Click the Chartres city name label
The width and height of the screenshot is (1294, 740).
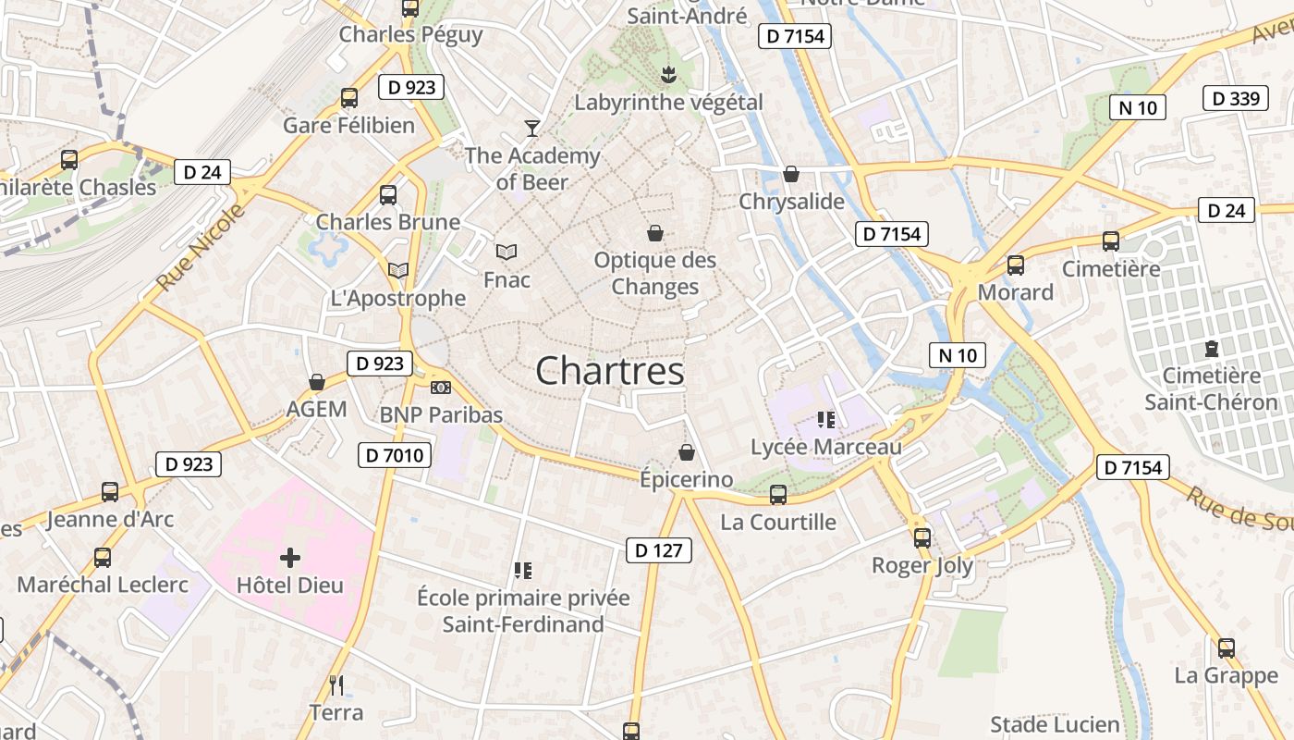[610, 371]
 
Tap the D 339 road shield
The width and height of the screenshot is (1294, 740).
[1235, 98]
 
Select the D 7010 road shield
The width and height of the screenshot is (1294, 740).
[395, 454]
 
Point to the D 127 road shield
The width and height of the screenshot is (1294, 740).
[659, 550]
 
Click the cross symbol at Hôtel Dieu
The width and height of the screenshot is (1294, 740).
[290, 558]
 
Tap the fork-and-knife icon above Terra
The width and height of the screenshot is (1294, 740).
[336, 685]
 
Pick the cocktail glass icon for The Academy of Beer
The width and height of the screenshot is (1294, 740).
[532, 128]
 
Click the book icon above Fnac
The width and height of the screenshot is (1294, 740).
[507, 252]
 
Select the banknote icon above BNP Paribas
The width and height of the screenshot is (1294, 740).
[441, 387]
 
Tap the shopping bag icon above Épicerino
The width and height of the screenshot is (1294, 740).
[687, 452]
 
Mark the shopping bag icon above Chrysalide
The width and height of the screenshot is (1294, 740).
[791, 174]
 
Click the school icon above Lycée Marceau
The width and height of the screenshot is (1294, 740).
[826, 420]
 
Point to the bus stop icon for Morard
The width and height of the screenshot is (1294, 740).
[1016, 265]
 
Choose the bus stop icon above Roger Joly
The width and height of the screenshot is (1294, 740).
[922, 537]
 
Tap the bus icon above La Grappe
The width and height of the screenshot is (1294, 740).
[1227, 648]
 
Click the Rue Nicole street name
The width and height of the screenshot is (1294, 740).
[201, 248]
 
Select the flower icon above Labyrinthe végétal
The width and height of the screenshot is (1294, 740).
[668, 74]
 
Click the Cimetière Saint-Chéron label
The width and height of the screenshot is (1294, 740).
[1211, 388]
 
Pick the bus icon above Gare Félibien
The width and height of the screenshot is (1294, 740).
[349, 98]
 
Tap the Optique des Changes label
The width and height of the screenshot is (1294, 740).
[654, 273]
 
